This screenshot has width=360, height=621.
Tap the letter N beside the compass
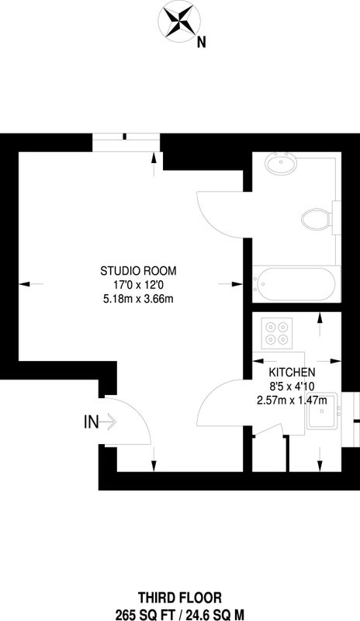[x=202, y=43]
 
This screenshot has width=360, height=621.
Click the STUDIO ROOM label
[x=138, y=271]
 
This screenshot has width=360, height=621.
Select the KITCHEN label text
[x=292, y=373]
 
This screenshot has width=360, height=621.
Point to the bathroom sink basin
[x=281, y=164]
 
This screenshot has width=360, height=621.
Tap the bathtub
[x=296, y=284]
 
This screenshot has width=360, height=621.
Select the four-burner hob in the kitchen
[x=276, y=333]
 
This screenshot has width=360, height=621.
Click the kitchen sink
[x=323, y=411]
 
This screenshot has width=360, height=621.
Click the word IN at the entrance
[x=91, y=422]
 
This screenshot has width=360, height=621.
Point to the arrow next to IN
[x=108, y=422]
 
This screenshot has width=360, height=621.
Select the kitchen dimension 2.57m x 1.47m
[x=292, y=401]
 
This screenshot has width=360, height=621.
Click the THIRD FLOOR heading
[x=180, y=597]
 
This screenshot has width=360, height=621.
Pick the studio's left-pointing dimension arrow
[x=31, y=283]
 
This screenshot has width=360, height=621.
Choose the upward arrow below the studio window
[x=154, y=165]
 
